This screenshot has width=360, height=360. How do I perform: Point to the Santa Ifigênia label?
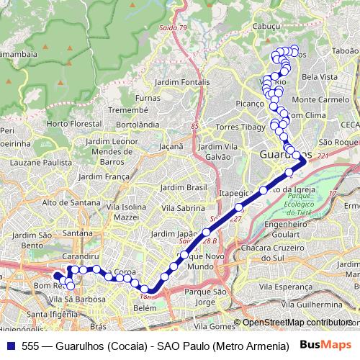[x=51, y=314]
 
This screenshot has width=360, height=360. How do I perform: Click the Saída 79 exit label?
[x=173, y=27]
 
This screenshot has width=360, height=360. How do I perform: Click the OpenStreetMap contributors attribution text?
[x=296, y=323]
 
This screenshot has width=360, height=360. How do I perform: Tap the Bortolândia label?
[x=137, y=124]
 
